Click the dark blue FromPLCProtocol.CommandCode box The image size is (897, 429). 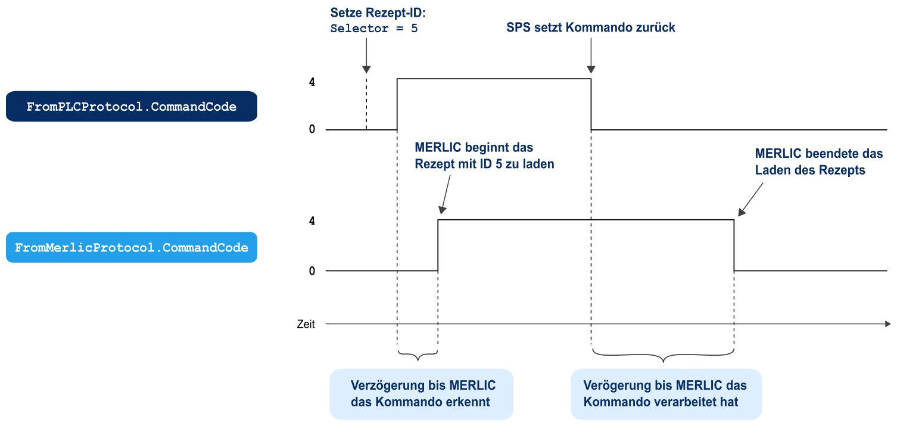pyautogui.click(x=131, y=107)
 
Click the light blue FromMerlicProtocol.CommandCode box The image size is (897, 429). pyautogui.click(x=131, y=247)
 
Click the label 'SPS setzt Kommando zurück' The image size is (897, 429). pyautogui.click(x=590, y=27)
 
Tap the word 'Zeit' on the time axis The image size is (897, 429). pyautogui.click(x=306, y=325)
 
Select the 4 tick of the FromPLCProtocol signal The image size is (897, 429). pyautogui.click(x=312, y=82)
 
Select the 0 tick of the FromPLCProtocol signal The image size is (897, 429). pyautogui.click(x=312, y=129)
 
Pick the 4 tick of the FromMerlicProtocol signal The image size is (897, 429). pyautogui.click(x=312, y=221)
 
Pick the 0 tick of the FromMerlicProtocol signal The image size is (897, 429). pyautogui.click(x=312, y=271)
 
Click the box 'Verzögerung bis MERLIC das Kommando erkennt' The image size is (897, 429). pyautogui.click(x=421, y=393)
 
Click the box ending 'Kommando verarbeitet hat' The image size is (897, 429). pyautogui.click(x=665, y=393)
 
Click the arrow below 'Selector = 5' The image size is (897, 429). pyautogui.click(x=366, y=61)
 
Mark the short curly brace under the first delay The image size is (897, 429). pyautogui.click(x=417, y=356)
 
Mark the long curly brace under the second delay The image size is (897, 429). pyautogui.click(x=662, y=356)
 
